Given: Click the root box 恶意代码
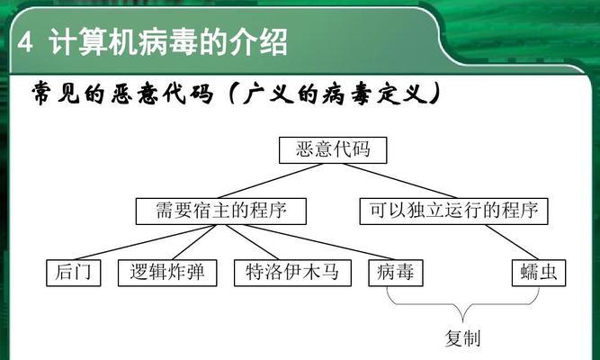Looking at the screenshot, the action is [x=333, y=150].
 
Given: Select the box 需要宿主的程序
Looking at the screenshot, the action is [x=220, y=211].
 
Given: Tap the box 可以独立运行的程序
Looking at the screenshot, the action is [x=454, y=211].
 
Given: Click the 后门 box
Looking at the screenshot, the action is [x=74, y=273].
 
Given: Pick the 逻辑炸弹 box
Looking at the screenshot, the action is [x=167, y=273].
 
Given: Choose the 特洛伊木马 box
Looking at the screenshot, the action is [x=292, y=273].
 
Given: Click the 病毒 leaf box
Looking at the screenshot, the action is [x=396, y=273].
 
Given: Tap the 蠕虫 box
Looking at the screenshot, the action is [x=539, y=273].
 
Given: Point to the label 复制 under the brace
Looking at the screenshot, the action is [x=462, y=338].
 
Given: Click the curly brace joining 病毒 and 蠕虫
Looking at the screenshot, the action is [x=462, y=305].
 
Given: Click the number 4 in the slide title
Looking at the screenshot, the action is [x=25, y=42].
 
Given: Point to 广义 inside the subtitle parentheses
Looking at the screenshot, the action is [x=268, y=94].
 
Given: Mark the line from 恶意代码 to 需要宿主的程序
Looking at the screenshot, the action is [x=270, y=181].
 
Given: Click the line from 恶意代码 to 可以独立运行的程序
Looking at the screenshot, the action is [x=400, y=181].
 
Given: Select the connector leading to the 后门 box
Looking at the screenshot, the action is [x=144, y=242].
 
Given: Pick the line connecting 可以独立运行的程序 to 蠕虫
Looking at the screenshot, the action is [x=512, y=242].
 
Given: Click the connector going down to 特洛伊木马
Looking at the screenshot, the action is [x=251, y=242].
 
